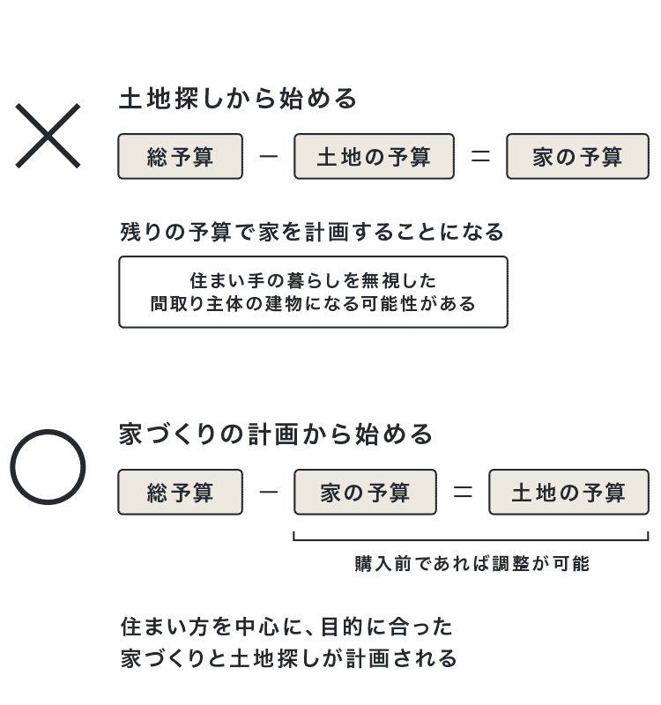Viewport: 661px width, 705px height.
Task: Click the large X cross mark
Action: coord(48,136)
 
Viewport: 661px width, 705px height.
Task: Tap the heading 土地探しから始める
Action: coord(238,99)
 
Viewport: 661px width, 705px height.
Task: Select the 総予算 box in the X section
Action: coord(181,157)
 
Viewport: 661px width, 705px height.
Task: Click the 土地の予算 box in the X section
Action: coord(374,157)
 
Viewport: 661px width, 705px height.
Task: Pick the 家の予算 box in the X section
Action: coord(578,157)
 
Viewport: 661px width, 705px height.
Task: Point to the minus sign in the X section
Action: coord(269,157)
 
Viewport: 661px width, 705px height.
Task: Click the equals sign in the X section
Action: coord(480,157)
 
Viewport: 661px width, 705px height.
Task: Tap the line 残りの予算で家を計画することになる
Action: coord(312,232)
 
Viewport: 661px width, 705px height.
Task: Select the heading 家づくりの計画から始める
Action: coord(276,434)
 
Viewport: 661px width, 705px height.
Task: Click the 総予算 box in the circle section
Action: coord(181,493)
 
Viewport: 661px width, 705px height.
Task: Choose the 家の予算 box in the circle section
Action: coord(365,493)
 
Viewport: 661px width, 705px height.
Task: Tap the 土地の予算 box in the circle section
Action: coord(568,493)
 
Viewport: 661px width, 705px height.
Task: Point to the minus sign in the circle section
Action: coord(269,493)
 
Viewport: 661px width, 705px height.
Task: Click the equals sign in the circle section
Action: coord(463,493)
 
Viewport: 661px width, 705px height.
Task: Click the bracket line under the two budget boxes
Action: coord(471,539)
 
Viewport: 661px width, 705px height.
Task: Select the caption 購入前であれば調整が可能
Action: coord(472,564)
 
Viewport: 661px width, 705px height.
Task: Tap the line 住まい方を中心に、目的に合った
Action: coord(286,627)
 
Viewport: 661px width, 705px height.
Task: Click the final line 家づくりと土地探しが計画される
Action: coord(289,658)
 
